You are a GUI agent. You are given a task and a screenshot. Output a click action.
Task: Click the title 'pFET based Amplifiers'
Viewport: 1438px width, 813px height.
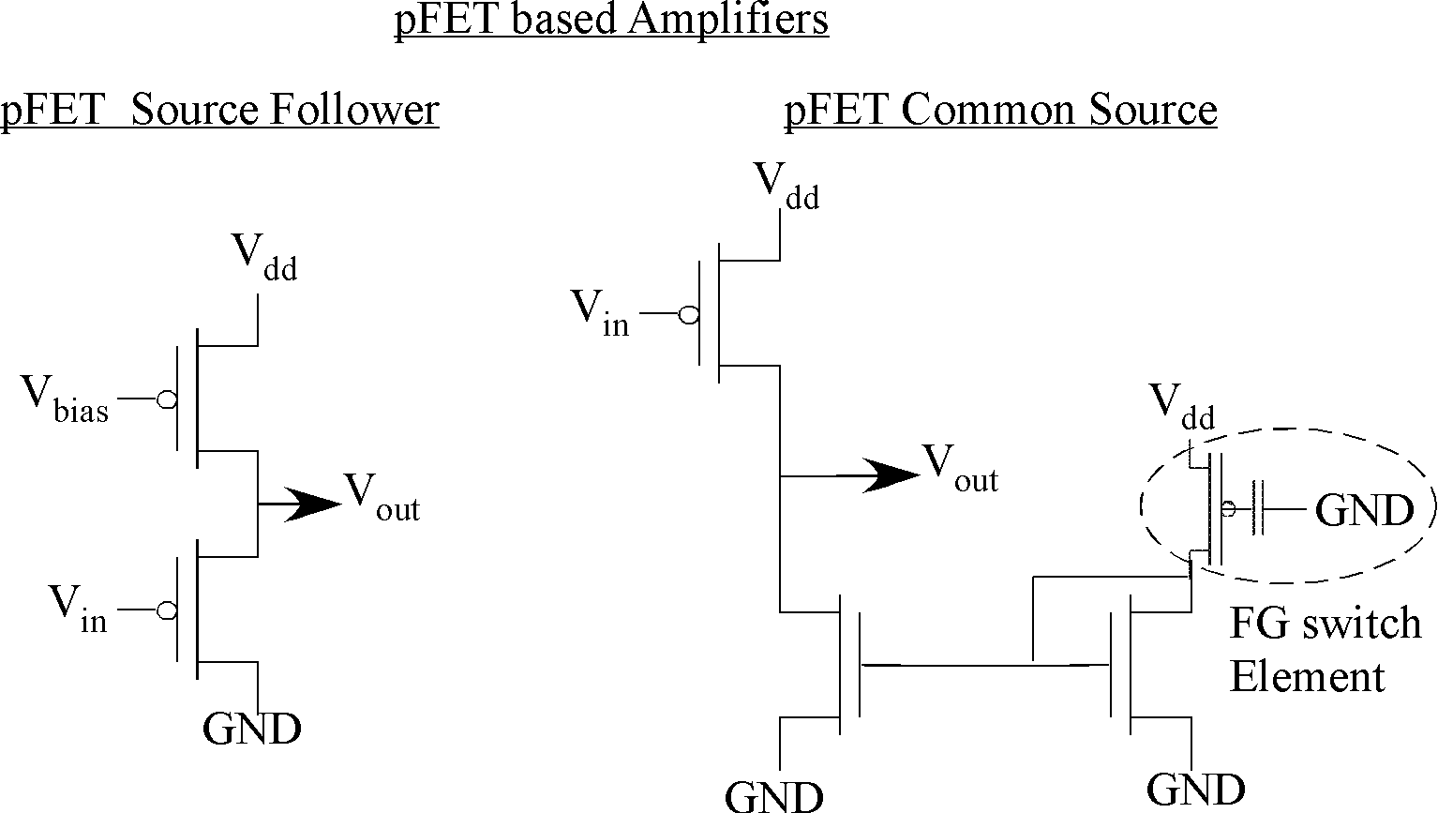tap(611, 20)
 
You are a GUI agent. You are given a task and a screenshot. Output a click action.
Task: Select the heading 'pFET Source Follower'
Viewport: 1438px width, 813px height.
tap(219, 110)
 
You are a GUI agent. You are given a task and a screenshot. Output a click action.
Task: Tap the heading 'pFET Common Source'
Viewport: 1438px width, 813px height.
tap(1000, 110)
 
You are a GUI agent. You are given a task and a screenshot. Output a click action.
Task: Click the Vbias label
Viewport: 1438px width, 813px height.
tap(66, 399)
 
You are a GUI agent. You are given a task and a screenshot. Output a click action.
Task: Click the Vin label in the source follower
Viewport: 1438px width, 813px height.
tap(79, 609)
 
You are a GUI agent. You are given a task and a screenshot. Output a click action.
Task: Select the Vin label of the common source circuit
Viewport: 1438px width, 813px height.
tap(601, 313)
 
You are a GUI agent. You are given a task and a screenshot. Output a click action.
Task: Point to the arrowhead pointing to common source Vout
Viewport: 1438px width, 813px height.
tap(891, 475)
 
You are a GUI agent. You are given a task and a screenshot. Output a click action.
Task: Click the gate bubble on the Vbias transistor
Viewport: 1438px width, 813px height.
tap(166, 400)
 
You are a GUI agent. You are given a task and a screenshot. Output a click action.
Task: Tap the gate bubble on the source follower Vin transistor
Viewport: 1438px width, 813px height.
tap(166, 610)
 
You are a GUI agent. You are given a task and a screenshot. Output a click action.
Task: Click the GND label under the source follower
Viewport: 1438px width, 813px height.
tap(251, 729)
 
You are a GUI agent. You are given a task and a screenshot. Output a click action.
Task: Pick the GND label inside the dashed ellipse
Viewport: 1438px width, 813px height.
tap(1363, 511)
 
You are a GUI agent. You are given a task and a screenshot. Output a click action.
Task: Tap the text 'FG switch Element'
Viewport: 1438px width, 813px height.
tap(1324, 649)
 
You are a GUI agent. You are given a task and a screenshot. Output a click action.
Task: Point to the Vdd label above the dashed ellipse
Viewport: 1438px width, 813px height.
tap(1182, 407)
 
